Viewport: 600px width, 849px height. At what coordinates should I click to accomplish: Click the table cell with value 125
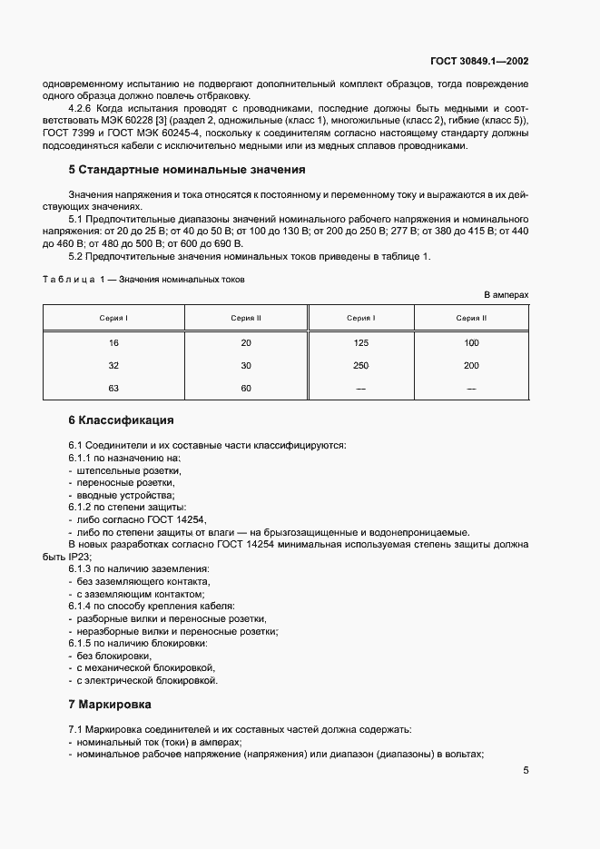tap(361, 343)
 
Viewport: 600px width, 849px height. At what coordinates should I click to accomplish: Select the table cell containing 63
tap(113, 388)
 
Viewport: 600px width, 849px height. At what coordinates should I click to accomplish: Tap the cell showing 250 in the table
tap(361, 365)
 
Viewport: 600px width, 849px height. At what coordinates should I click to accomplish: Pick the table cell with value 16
tap(113, 343)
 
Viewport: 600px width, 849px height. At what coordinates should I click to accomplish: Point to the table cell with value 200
tap(471, 365)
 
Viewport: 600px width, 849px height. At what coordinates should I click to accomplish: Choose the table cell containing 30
tap(246, 365)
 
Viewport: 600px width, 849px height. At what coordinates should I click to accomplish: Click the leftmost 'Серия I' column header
tap(113, 318)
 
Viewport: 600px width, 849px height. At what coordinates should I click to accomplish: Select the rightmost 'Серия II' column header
tap(471, 318)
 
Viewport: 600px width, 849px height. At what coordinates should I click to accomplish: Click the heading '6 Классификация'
tap(121, 421)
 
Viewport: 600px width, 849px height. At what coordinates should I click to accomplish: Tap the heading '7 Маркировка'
tap(110, 705)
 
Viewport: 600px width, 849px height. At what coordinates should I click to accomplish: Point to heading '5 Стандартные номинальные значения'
tap(186, 170)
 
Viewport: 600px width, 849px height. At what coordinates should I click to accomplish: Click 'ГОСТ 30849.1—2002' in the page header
tap(479, 62)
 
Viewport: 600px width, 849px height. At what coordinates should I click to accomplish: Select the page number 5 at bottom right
tap(526, 771)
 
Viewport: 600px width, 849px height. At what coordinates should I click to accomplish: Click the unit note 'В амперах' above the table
tap(506, 295)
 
